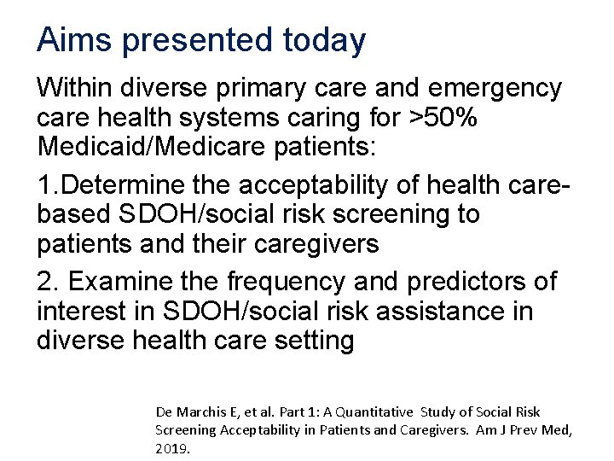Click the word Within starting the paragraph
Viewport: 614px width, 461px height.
coord(76,87)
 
